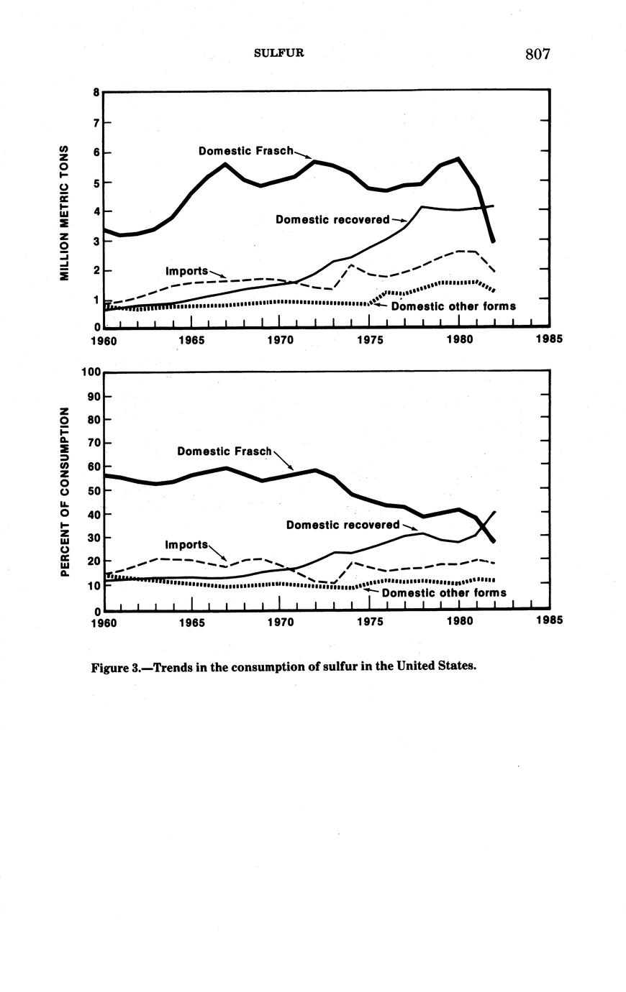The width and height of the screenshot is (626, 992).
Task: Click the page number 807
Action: [x=537, y=54]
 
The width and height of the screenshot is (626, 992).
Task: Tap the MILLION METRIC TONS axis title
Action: [x=64, y=213]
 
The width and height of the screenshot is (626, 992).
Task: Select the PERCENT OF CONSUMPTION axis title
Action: [x=64, y=492]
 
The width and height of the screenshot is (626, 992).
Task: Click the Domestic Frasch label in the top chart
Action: [x=246, y=151]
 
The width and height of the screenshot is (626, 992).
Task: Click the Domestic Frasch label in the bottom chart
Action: [x=224, y=451]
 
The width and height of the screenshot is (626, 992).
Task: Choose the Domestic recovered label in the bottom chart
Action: [x=343, y=525]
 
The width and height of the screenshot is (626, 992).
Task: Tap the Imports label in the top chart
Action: [x=186, y=271]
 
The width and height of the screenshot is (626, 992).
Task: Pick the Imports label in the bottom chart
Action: [x=186, y=544]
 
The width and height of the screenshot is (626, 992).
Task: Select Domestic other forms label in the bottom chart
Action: [x=444, y=593]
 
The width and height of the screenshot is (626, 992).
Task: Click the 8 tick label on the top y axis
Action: [x=96, y=92]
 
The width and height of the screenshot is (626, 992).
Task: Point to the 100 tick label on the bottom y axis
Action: [x=91, y=372]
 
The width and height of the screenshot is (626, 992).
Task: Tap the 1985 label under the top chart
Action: [x=550, y=340]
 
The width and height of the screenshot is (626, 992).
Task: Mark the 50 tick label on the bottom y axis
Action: [x=93, y=490]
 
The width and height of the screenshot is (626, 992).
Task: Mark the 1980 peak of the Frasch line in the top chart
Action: [x=458, y=158]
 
